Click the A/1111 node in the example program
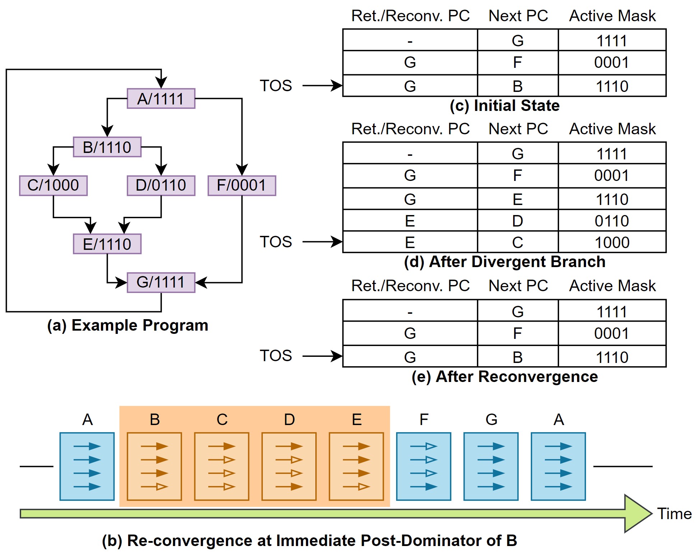point(161,98)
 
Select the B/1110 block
point(107,147)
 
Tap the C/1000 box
point(53,185)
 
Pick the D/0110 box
point(161,185)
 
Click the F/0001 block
point(242,185)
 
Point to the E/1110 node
point(107,244)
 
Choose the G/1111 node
point(161,282)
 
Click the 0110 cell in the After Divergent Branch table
point(612,220)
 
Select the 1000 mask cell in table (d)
point(612,242)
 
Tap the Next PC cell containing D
point(517,220)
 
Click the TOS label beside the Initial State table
point(276,86)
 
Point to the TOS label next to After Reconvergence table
point(276,356)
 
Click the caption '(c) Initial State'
point(505,106)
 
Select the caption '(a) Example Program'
point(127,326)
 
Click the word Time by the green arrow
point(674,514)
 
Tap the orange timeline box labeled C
point(222,466)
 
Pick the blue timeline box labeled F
point(423,466)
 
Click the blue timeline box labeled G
point(491,466)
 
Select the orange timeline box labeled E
point(356,466)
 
